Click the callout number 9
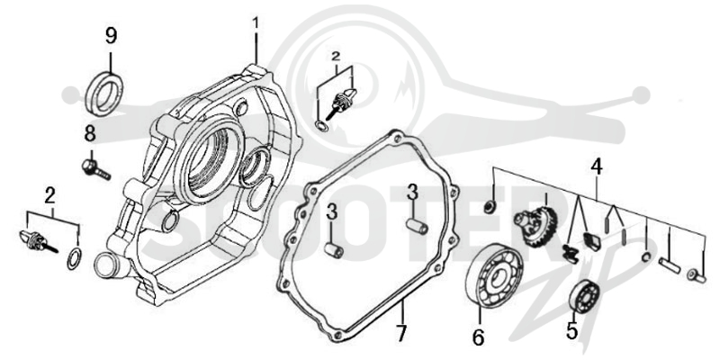pyautogui.click(x=111, y=36)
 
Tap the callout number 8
pyautogui.click(x=90, y=134)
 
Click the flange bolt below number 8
pyautogui.click(x=95, y=168)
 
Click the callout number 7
pyautogui.click(x=401, y=334)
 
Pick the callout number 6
pyautogui.click(x=478, y=338)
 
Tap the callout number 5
pyautogui.click(x=571, y=331)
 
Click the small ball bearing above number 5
pyautogui.click(x=583, y=294)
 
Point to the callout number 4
pyautogui.click(x=596, y=167)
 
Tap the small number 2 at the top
pyautogui.click(x=336, y=57)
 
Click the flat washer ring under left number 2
pyautogui.click(x=75, y=258)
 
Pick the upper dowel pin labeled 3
pyautogui.click(x=417, y=227)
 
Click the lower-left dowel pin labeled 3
pyautogui.click(x=335, y=250)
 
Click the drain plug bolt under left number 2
pyautogui.click(x=38, y=241)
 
